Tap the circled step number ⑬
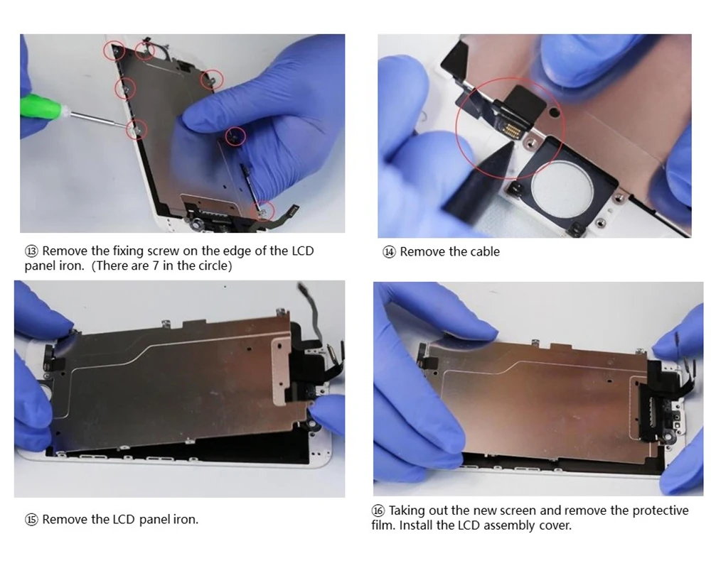[x=32, y=251]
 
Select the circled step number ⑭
[x=389, y=251]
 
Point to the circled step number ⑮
[x=32, y=520]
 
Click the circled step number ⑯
[x=379, y=510]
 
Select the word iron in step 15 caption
[x=186, y=520]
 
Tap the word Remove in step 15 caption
[x=65, y=520]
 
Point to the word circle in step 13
[x=213, y=266]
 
